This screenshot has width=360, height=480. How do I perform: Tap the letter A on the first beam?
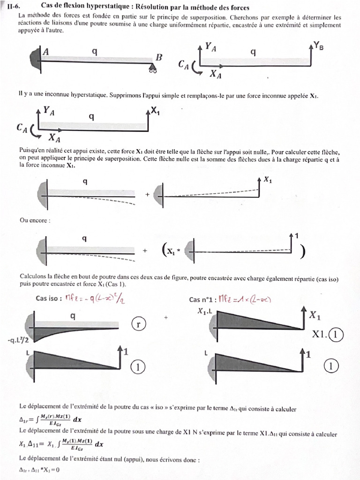pyautogui.click(x=46, y=52)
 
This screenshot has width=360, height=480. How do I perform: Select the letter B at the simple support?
pyautogui.click(x=159, y=57)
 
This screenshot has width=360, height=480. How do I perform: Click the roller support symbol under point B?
pyautogui.click(x=153, y=70)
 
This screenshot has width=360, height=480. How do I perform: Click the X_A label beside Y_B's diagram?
pyautogui.click(x=216, y=74)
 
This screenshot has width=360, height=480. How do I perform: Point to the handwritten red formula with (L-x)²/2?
pyautogui.click(x=97, y=298)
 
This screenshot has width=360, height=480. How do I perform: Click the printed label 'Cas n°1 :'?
pyautogui.click(x=202, y=299)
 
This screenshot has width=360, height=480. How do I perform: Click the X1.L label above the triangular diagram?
pyautogui.click(x=207, y=311)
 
